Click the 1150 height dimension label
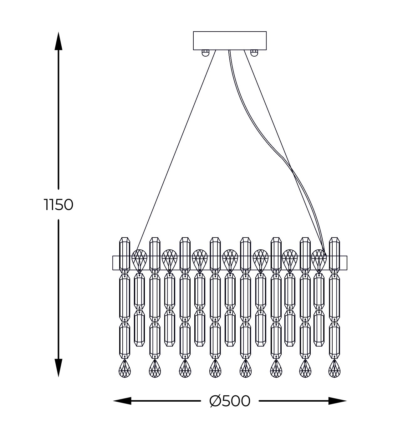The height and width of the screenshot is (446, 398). [x=59, y=205]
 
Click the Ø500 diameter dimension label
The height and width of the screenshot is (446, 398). [x=230, y=401]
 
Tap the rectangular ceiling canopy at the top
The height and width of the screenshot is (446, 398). [x=230, y=41]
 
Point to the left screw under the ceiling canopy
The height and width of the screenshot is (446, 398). [x=205, y=53]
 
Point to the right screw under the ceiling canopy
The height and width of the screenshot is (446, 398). [x=254, y=53]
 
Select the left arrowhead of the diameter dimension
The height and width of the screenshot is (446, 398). [x=122, y=401]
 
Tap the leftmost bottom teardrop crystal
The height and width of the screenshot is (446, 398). [x=125, y=369]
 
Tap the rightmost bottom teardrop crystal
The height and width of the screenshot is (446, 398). [x=334, y=369]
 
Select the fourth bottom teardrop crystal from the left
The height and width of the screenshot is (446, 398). [x=215, y=369]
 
